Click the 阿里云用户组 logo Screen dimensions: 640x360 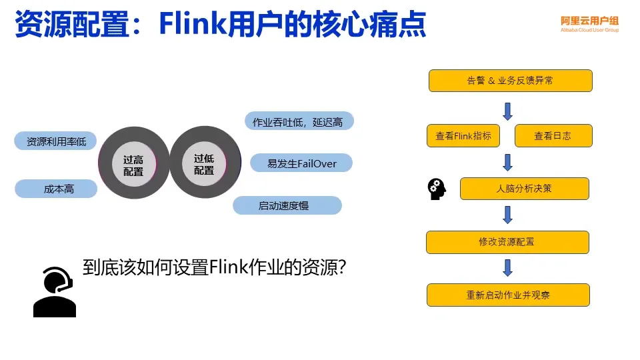tap(589, 24)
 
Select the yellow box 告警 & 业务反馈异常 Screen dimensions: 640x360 tap(510, 81)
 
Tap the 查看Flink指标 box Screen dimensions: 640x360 tap(463, 135)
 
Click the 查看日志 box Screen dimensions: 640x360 tap(553, 135)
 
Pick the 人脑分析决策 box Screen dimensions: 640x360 tap(524, 189)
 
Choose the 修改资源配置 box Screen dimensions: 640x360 tap(507, 242)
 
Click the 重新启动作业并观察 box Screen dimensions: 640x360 tap(508, 295)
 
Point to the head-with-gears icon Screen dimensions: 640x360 tap(437, 189)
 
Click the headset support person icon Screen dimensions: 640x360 tap(55, 291)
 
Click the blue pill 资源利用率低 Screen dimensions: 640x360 tap(56, 141)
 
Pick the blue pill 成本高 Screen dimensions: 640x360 tap(57, 189)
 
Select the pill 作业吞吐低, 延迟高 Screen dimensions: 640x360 tap(298, 121)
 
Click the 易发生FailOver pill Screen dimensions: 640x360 tap(301, 163)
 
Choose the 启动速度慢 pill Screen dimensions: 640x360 tap(287, 205)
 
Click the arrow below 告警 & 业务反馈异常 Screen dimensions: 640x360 tap(507, 110)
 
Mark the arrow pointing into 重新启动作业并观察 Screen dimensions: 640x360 tap(507, 268)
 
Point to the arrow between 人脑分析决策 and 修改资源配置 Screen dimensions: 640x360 tap(507, 215)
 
